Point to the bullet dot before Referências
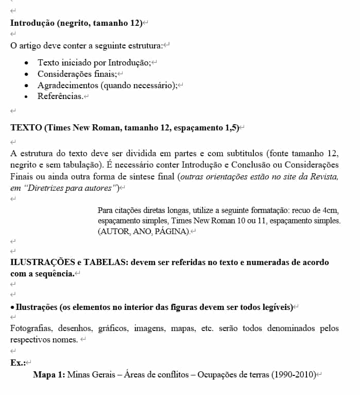(x=26, y=96)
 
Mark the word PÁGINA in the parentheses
(x=172, y=232)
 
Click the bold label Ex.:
(x=18, y=363)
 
